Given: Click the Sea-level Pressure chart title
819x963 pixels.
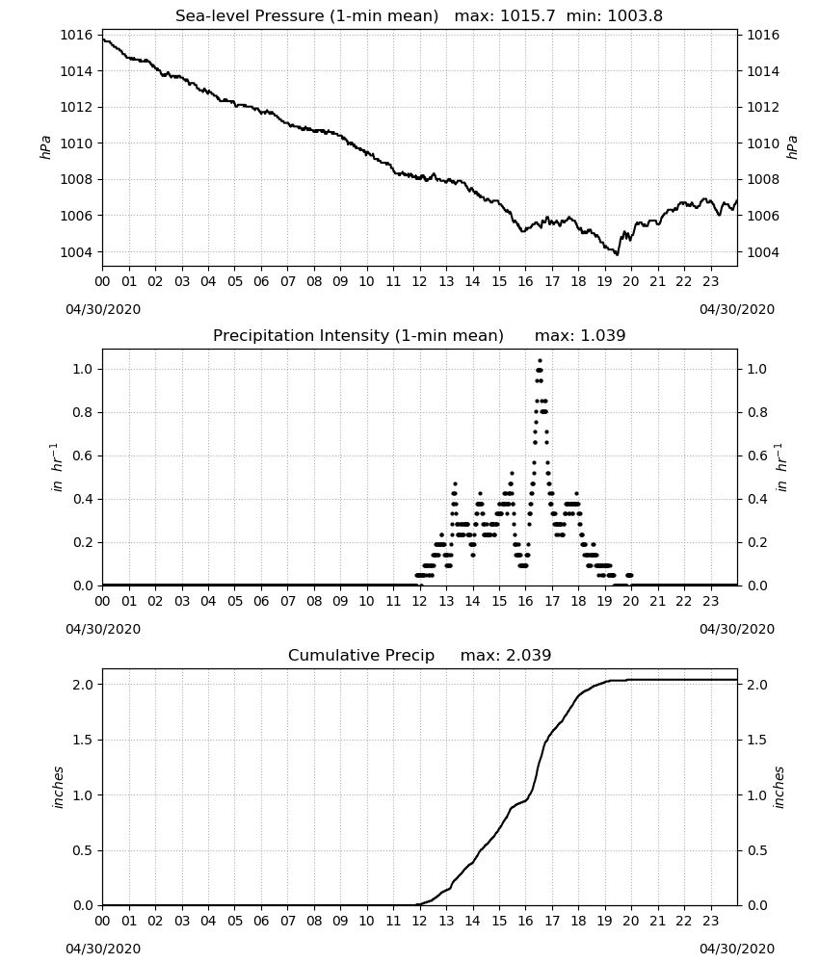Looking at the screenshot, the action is (306, 16).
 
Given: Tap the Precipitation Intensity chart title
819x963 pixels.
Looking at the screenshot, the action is (358, 336).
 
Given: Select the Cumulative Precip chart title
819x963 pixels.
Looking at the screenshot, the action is (361, 655).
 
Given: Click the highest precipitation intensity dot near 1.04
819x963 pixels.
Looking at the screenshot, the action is (541, 360).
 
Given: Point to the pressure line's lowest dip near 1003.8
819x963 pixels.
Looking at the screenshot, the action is (617, 253).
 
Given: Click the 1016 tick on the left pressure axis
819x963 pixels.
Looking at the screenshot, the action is (76, 35).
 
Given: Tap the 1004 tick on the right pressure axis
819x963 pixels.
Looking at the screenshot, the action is (762, 252).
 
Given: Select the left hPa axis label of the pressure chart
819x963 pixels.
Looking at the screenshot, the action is (46, 147).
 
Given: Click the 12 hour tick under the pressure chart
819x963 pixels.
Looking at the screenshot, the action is (420, 282).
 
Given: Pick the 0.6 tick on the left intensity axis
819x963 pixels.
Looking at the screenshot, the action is (83, 455).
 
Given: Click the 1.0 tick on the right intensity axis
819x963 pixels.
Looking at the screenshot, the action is (757, 369).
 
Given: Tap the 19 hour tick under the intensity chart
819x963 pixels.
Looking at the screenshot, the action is (604, 601).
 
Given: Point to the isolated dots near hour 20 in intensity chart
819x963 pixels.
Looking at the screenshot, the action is (629, 576).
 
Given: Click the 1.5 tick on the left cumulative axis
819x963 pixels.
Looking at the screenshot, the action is (83, 740).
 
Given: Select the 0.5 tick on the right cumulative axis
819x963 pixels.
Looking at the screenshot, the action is (757, 850).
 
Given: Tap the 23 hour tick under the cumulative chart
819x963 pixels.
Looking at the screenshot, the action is (711, 922).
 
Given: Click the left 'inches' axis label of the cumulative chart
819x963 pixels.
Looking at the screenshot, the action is (59, 788).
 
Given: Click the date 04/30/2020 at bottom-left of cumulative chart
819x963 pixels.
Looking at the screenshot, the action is (103, 949).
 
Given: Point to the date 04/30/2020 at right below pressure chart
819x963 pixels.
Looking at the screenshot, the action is (737, 309).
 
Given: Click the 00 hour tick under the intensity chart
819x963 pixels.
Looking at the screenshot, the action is (102, 601).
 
